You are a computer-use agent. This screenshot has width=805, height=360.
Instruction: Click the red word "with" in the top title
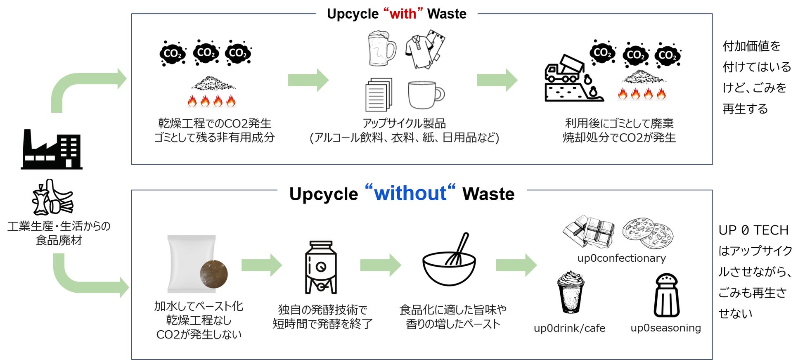coord(403,14)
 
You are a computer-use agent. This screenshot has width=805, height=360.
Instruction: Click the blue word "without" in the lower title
coord(410,193)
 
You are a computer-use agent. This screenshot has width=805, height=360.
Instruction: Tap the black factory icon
coord(52,149)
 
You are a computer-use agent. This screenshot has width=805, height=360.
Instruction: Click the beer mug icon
coord(381,49)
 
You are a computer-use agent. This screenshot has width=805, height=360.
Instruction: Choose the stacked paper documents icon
coord(379,95)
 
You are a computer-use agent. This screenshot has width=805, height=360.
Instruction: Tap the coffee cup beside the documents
coord(426,95)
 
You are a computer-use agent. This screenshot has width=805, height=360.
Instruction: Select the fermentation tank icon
coord(321,268)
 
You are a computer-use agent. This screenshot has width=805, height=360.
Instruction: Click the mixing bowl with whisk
coord(449,261)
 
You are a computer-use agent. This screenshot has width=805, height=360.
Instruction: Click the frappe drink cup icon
coord(570,292)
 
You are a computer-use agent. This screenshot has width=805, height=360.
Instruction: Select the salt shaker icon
coord(666,296)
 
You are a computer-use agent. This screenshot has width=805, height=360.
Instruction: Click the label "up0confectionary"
coord(621,258)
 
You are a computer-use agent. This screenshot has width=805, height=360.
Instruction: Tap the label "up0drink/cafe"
coord(569,328)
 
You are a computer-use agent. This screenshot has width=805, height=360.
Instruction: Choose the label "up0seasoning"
coord(665,328)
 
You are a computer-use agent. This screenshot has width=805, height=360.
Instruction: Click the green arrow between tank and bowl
coord(380,265)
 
